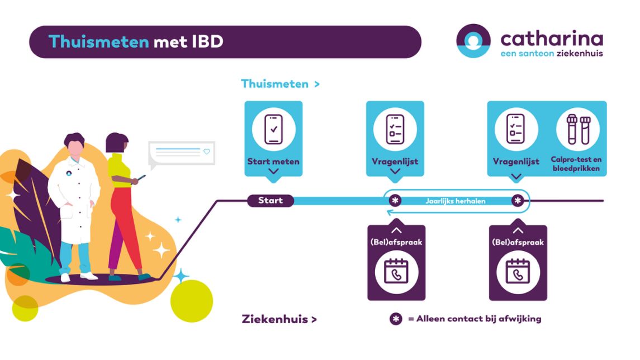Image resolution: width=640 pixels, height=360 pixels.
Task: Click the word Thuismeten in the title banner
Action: pyautogui.click(x=98, y=42)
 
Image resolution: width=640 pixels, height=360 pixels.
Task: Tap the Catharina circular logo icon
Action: pyautogui.click(x=473, y=41)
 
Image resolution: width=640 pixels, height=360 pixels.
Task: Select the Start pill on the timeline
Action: pyautogui.click(x=271, y=201)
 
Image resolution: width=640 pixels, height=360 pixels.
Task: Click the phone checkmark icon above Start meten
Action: pyautogui.click(x=273, y=129)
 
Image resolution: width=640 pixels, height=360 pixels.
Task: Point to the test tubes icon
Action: pyautogui.click(x=578, y=129)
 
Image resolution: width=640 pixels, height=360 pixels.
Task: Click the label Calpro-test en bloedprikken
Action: pyautogui.click(x=576, y=164)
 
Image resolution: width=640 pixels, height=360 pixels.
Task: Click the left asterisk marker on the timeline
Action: pyautogui.click(x=395, y=201)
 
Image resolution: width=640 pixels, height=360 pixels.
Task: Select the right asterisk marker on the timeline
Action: pyautogui.click(x=518, y=201)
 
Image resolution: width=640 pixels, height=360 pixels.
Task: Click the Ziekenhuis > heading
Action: pyautogui.click(x=279, y=320)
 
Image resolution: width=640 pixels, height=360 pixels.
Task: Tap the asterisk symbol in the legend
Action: pyautogui.click(x=396, y=319)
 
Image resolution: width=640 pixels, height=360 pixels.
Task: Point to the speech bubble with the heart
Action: pyautogui.click(x=181, y=152)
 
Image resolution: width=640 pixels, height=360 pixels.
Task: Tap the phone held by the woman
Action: pyautogui.click(x=141, y=178)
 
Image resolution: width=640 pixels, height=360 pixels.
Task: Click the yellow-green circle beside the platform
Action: pyautogui.click(x=191, y=301)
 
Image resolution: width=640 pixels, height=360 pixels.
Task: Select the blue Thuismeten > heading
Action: pyautogui.click(x=280, y=84)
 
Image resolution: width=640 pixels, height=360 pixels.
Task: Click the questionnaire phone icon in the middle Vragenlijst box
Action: pyautogui.click(x=395, y=129)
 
